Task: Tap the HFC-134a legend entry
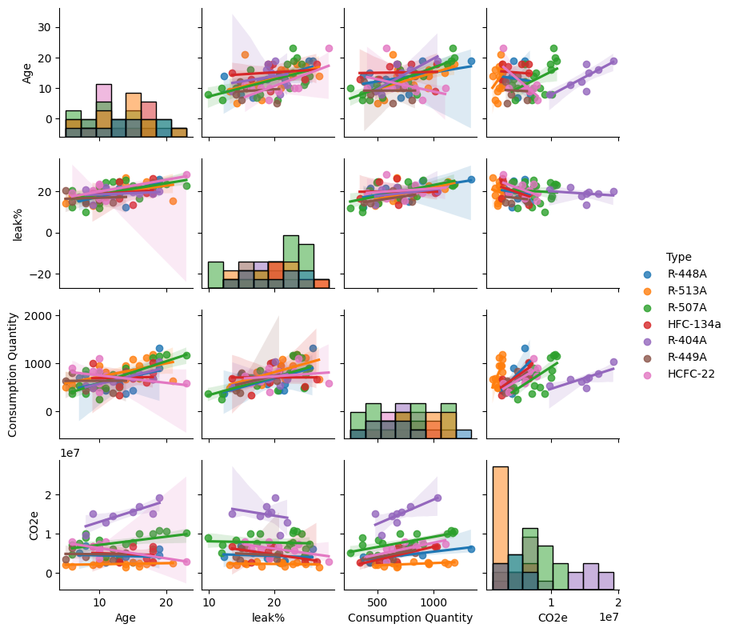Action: click(x=693, y=324)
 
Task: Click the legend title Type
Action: click(x=678, y=257)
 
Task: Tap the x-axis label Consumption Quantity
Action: click(x=410, y=618)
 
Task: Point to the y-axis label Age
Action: click(x=27, y=73)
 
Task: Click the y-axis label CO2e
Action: click(x=34, y=525)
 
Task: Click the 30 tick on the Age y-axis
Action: click(x=46, y=27)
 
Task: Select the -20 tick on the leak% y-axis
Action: click(x=43, y=274)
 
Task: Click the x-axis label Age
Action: click(x=126, y=618)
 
